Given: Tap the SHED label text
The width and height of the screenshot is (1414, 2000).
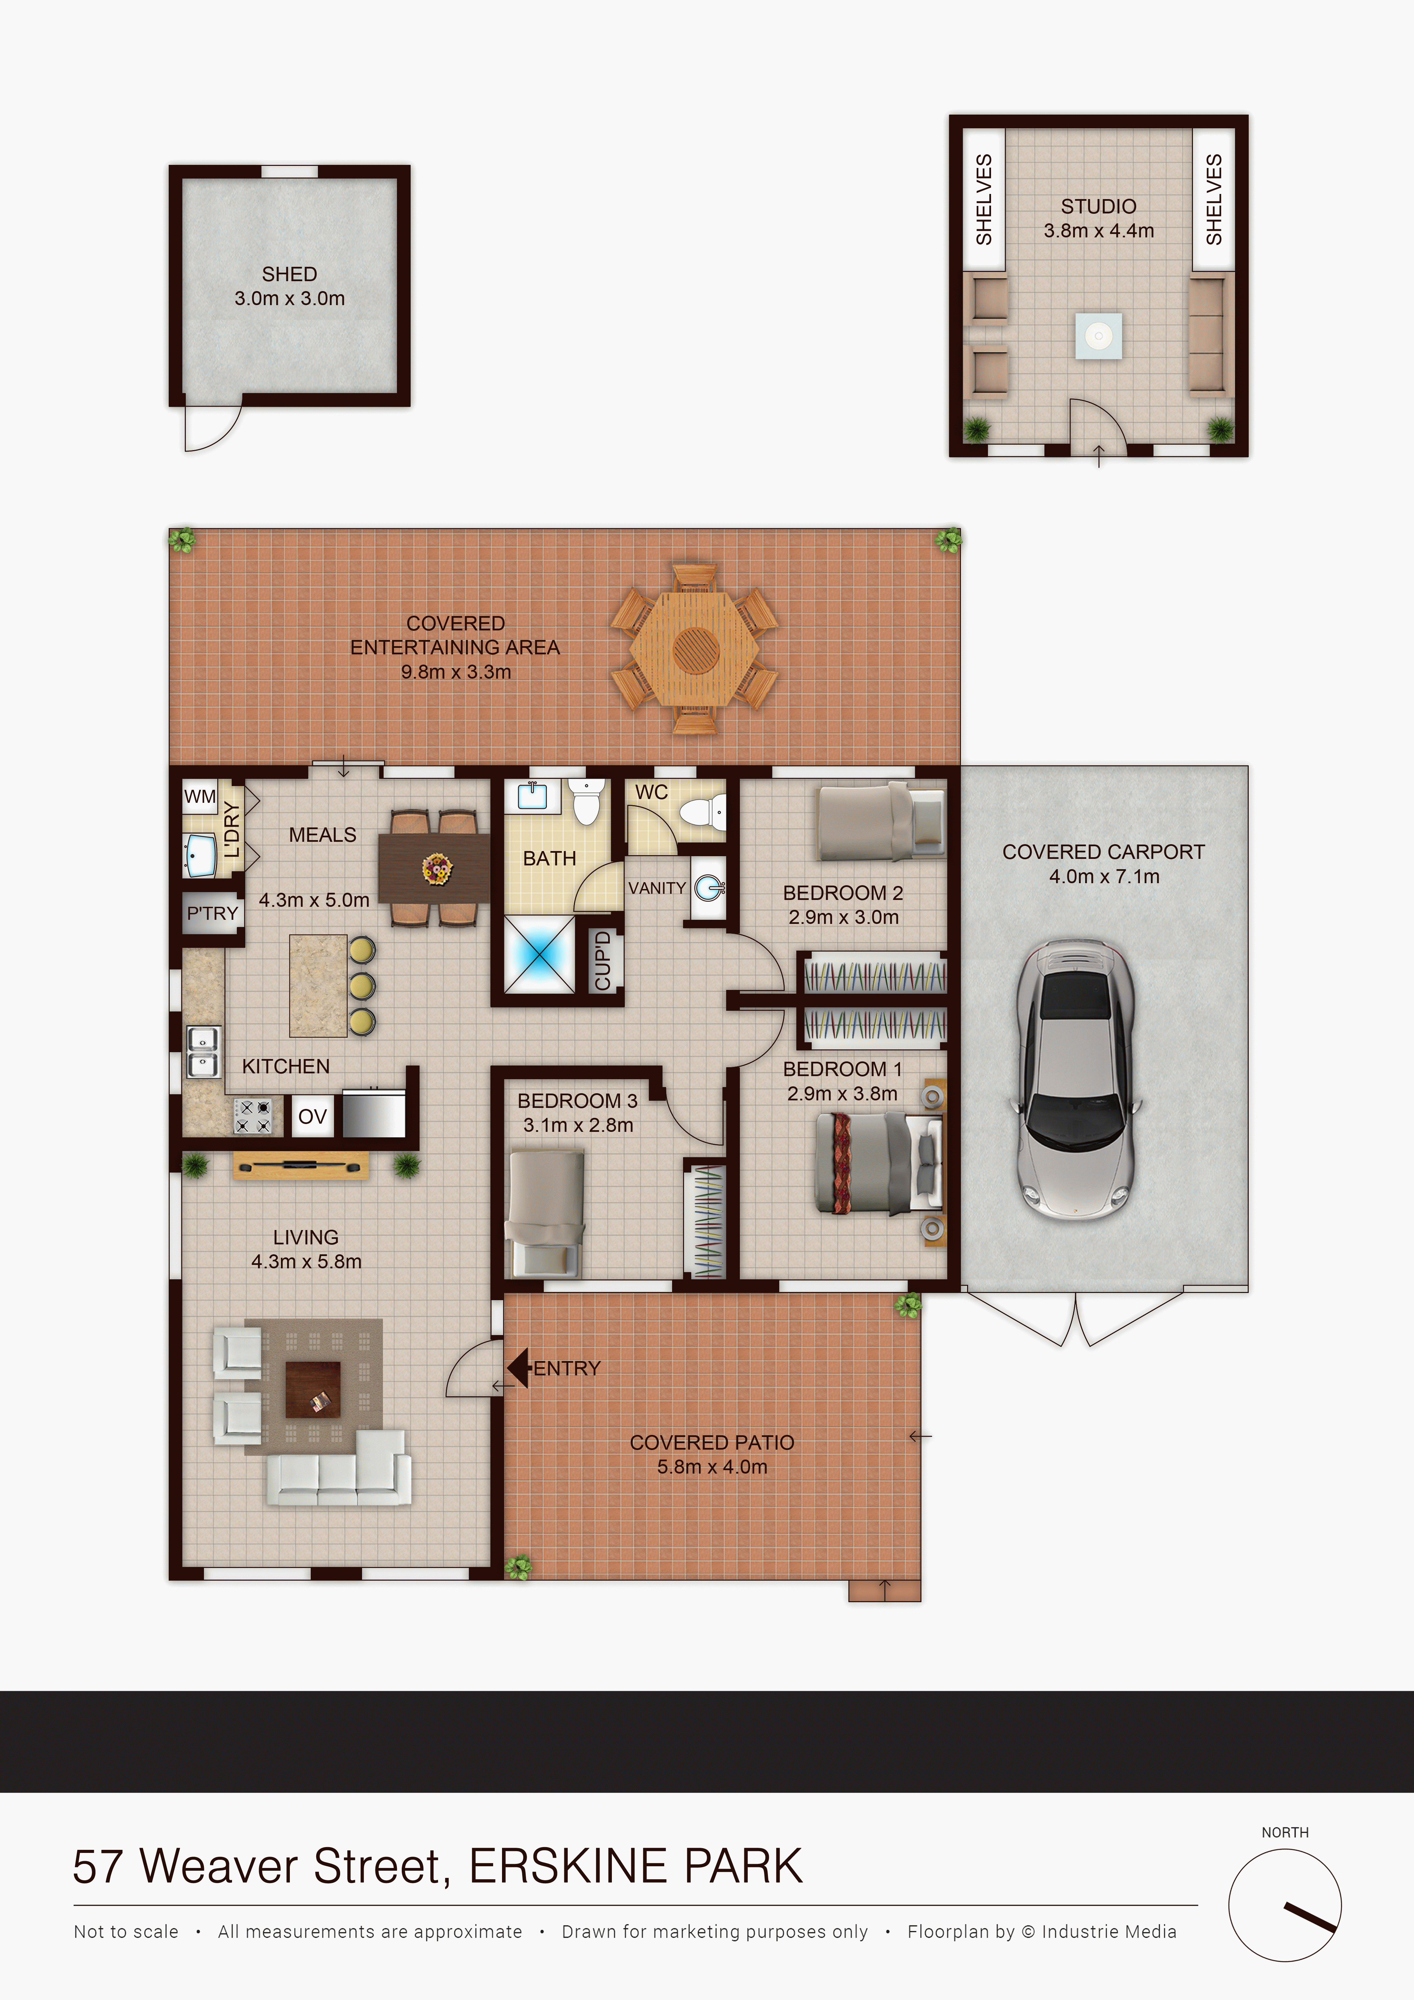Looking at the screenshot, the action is coord(289,274).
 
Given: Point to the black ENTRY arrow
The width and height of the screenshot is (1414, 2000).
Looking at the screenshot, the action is coord(518,1368).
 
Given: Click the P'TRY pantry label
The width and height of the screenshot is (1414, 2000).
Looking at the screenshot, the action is coord(212,913).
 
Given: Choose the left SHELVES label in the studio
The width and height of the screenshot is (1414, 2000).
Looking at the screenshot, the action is coord(984,199).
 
